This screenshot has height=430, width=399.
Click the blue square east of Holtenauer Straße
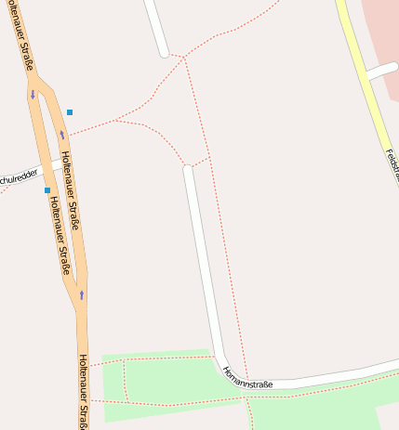point(70,112)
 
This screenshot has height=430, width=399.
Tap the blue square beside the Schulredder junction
point(47,190)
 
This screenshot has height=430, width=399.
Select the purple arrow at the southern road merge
point(82,294)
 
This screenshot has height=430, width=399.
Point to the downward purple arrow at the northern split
point(33,94)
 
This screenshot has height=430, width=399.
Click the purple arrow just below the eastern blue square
point(63,135)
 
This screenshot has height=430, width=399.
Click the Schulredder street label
point(20,176)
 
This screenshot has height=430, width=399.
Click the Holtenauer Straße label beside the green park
point(84,390)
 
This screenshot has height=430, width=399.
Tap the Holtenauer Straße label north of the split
point(21,37)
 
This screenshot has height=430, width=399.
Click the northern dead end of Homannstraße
point(188,169)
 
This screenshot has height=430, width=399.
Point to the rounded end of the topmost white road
point(165,52)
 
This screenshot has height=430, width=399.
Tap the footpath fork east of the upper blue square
point(116,121)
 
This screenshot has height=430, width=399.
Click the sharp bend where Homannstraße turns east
point(221,358)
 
